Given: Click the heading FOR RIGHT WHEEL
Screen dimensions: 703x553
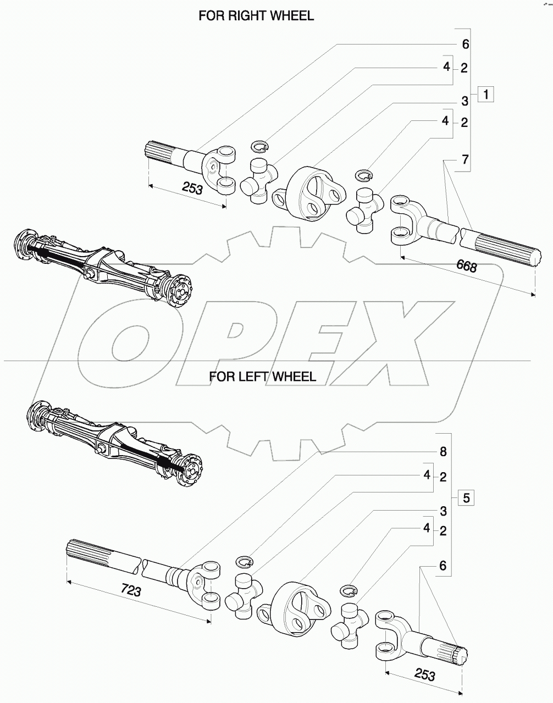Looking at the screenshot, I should tap(256, 16).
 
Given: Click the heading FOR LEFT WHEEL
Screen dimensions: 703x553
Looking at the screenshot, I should tap(262, 377).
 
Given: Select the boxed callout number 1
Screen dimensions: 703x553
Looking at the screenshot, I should tap(486, 94).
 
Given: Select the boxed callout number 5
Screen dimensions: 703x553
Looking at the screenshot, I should tap(465, 499).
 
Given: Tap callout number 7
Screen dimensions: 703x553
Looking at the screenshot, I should tap(465, 160).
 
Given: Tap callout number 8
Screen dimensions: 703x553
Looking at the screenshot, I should tap(443, 452).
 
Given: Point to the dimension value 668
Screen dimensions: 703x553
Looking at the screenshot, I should tap(466, 267).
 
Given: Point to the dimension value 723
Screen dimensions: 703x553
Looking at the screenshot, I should tap(131, 591).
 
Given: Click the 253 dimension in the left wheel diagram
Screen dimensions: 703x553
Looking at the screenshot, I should tap(424, 675).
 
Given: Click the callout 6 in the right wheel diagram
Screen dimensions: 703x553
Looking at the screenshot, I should tap(466, 44).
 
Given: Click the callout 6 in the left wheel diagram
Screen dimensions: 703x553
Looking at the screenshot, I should tap(443, 565).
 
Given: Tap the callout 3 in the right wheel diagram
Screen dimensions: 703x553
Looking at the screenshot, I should tap(465, 101).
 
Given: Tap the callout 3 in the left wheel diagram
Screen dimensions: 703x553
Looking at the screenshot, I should tap(443, 511).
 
